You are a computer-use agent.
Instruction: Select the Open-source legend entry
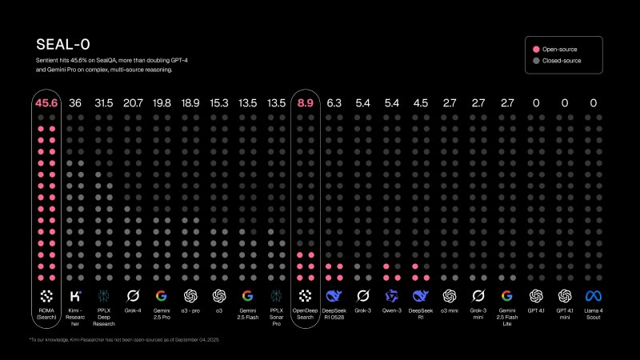coord(560,49)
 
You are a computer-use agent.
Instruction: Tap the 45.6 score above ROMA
coord(46,103)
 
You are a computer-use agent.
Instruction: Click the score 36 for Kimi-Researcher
coord(75,103)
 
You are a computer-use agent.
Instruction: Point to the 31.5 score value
coord(103,103)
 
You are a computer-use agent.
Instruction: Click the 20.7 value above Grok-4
coord(133,103)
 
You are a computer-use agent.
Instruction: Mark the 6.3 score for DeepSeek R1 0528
coord(334,103)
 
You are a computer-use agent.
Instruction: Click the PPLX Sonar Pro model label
coord(276,315)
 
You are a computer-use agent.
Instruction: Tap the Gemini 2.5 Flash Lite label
coord(506,315)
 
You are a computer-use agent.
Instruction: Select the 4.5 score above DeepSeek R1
coord(420,103)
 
